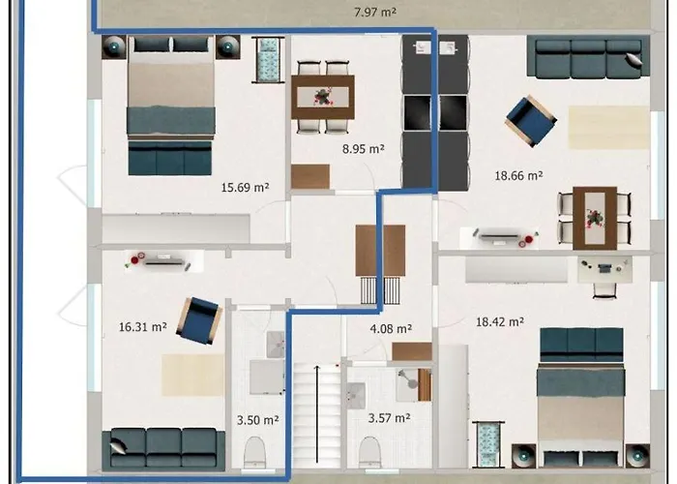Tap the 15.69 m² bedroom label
click(244, 188)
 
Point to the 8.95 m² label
click(364, 149)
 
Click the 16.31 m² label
click(142, 327)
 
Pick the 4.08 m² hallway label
click(392, 328)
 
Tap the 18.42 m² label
click(499, 321)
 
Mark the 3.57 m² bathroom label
click(389, 417)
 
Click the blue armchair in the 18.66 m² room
click(531, 120)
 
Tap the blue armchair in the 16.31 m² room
click(199, 318)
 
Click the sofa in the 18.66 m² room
click(585, 58)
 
